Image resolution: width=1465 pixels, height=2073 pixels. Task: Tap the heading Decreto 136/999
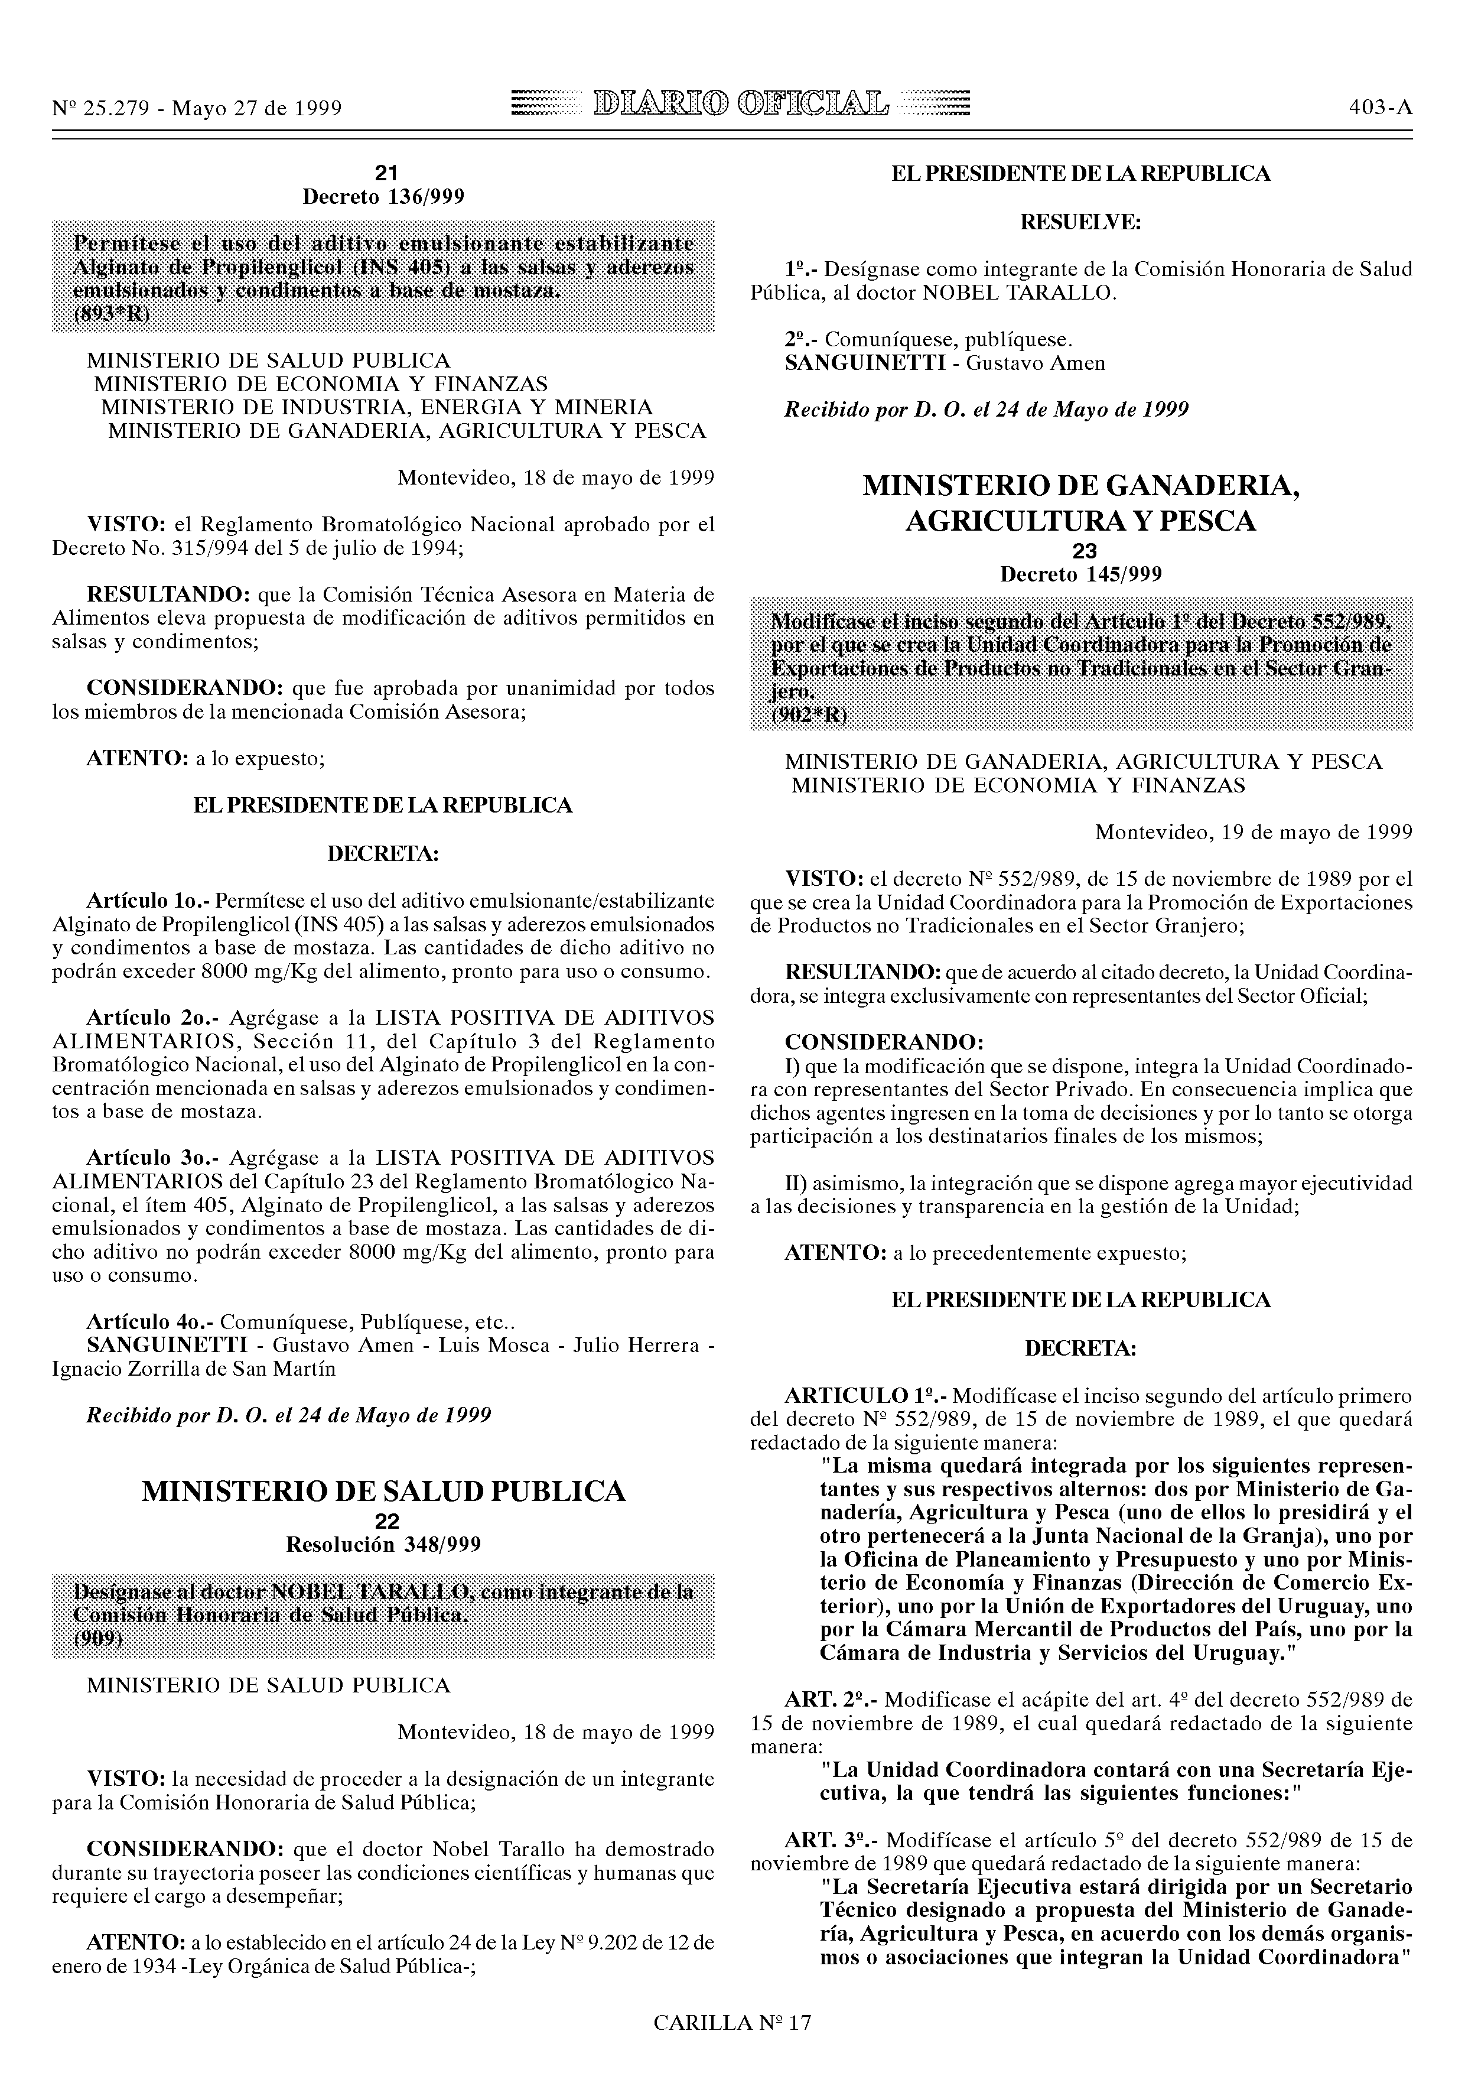tap(383, 197)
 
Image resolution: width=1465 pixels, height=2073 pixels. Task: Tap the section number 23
tap(1082, 551)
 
